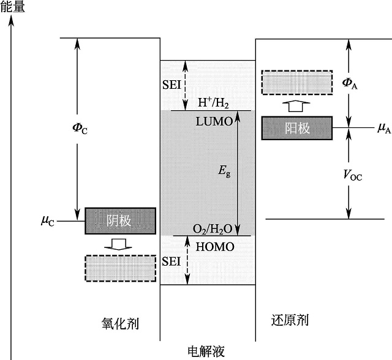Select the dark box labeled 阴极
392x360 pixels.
[x=120, y=220]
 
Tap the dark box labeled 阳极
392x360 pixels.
[x=297, y=128]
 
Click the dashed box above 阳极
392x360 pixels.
[x=297, y=83]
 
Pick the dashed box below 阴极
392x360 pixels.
[x=120, y=267]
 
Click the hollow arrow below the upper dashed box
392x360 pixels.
[x=296, y=105]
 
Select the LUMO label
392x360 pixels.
[x=214, y=121]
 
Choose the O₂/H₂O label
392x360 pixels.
[x=213, y=229]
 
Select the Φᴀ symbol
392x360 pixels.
[x=350, y=84]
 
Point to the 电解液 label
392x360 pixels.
[x=206, y=351]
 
